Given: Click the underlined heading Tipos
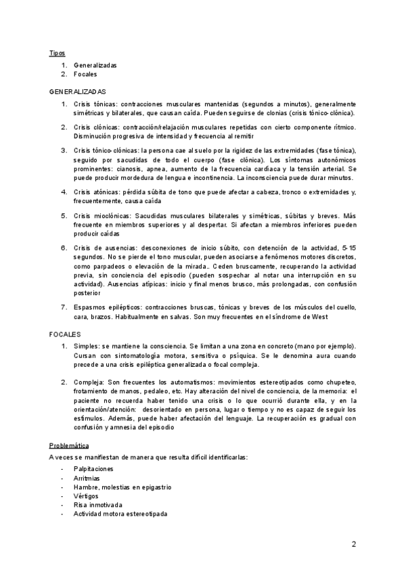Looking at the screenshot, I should coord(57,53).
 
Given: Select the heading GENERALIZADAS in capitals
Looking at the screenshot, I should coord(77,91).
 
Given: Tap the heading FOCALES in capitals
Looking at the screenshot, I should coord(65,334).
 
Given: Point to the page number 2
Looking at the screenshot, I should coord(353,544).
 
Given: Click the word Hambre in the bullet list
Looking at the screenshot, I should coord(85,487).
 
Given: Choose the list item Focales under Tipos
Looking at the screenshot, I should coord(85,74).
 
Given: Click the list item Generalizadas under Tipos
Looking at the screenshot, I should coord(95,65).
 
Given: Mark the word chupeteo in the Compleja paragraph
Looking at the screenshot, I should coord(342,382).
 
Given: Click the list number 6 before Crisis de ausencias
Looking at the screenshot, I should coord(64,248).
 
